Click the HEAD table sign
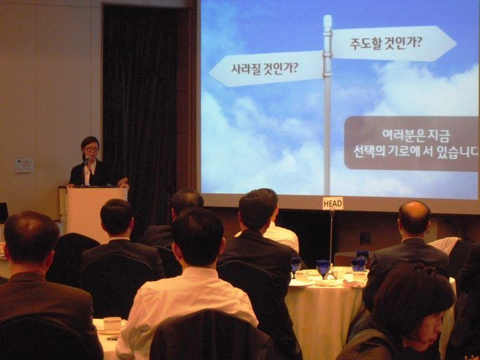(x=333, y=203)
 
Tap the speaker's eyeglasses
(x=92, y=149)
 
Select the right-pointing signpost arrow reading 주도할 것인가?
(x=394, y=43)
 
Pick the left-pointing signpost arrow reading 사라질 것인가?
(x=266, y=69)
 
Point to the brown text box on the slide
(x=411, y=143)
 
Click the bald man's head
(x=414, y=217)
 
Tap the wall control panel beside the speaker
(x=24, y=166)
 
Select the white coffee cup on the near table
(x=112, y=324)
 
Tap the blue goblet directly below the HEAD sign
(x=323, y=268)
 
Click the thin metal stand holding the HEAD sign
(x=332, y=238)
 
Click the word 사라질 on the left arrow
(x=245, y=69)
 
